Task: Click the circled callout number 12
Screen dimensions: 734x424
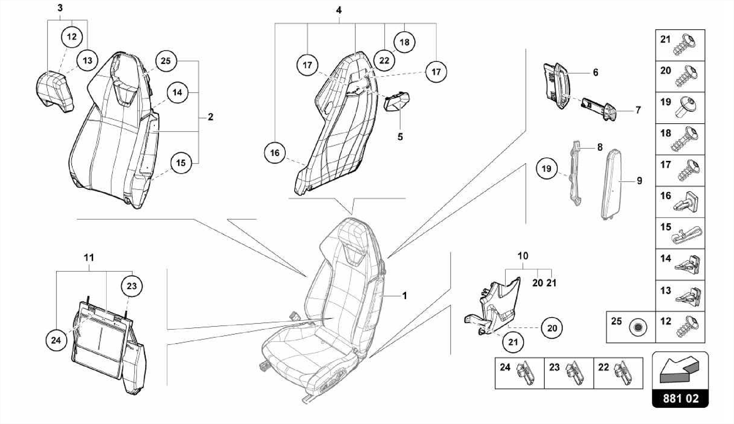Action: coord(72,37)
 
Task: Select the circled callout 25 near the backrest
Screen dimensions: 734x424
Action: coord(166,61)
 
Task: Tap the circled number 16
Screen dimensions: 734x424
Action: coord(275,153)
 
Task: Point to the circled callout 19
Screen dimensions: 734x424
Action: coord(547,168)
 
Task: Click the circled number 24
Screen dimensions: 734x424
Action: coord(56,340)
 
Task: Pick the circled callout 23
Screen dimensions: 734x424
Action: coord(132,286)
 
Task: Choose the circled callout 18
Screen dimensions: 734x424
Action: coord(404,42)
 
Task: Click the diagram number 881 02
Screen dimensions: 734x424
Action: coord(681,399)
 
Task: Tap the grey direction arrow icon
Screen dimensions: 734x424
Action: coord(680,370)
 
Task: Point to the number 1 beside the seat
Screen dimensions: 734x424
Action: coord(405,296)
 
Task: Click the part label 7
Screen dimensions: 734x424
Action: coord(638,110)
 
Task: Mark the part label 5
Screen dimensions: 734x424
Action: coord(400,137)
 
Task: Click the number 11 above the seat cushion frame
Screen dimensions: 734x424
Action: coord(89,257)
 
